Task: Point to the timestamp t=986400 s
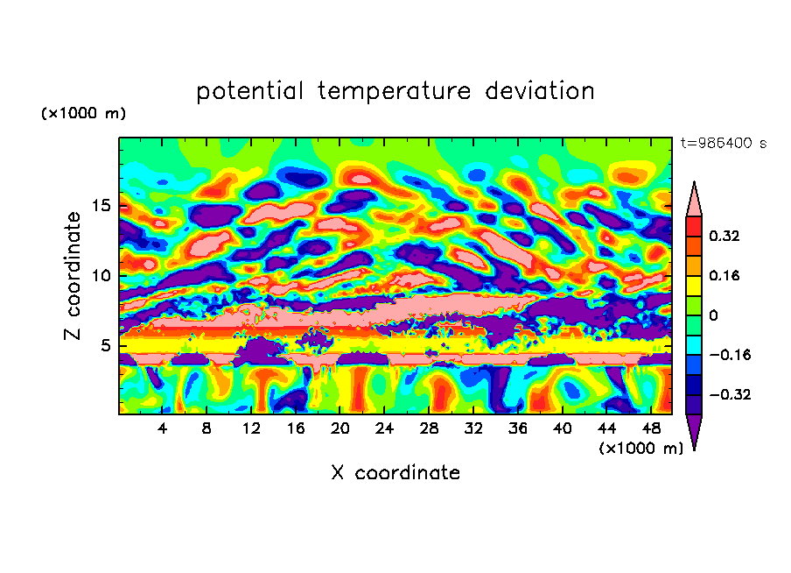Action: point(723,143)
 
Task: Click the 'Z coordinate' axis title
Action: point(73,275)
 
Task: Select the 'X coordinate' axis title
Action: point(395,473)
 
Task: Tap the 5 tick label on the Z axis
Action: point(102,345)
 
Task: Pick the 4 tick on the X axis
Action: point(163,429)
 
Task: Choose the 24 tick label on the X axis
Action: point(384,429)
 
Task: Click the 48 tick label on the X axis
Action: point(650,429)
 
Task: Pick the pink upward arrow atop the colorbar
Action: point(694,200)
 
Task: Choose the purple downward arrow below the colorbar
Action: point(694,431)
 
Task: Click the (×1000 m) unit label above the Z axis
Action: point(83,114)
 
